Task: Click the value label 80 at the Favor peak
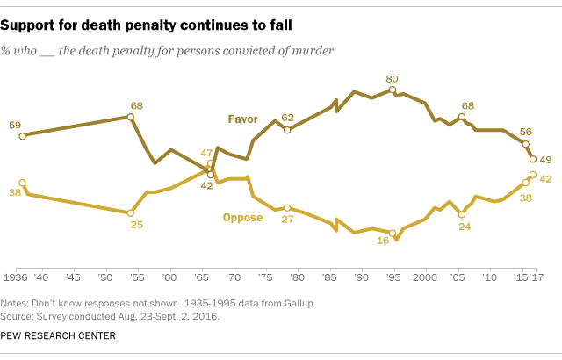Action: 393,78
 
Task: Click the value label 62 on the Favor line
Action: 288,117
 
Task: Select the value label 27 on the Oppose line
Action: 286,221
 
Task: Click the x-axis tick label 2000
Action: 425,277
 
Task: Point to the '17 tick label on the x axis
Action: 535,277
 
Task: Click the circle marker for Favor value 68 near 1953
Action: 131,117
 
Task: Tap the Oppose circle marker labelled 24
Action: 462,213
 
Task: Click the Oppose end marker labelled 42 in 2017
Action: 533,175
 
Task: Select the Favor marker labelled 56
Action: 525,144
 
